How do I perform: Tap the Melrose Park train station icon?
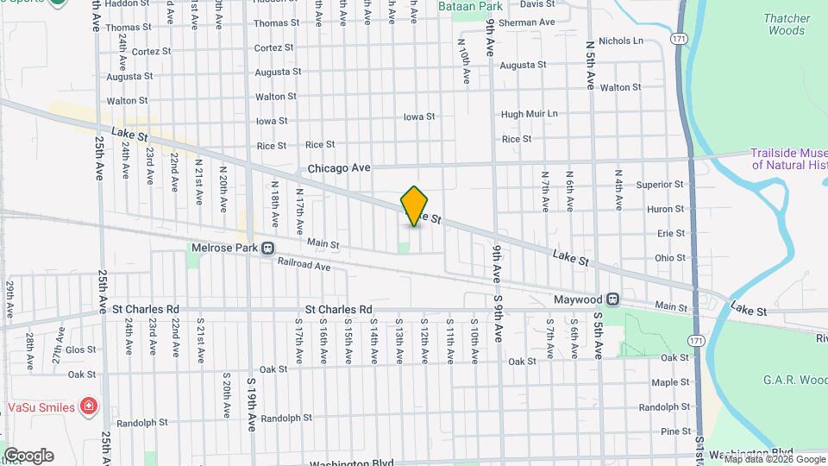click(268, 249)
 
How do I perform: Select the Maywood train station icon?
click(612, 299)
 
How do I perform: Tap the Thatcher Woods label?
click(787, 24)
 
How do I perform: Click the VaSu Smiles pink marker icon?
click(88, 406)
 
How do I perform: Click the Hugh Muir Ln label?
click(530, 114)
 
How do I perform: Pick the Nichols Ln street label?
click(621, 41)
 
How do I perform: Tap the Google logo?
click(28, 456)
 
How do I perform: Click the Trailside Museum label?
click(789, 159)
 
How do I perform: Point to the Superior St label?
click(660, 185)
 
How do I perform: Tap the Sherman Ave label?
click(524, 22)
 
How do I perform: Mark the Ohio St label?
click(669, 257)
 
